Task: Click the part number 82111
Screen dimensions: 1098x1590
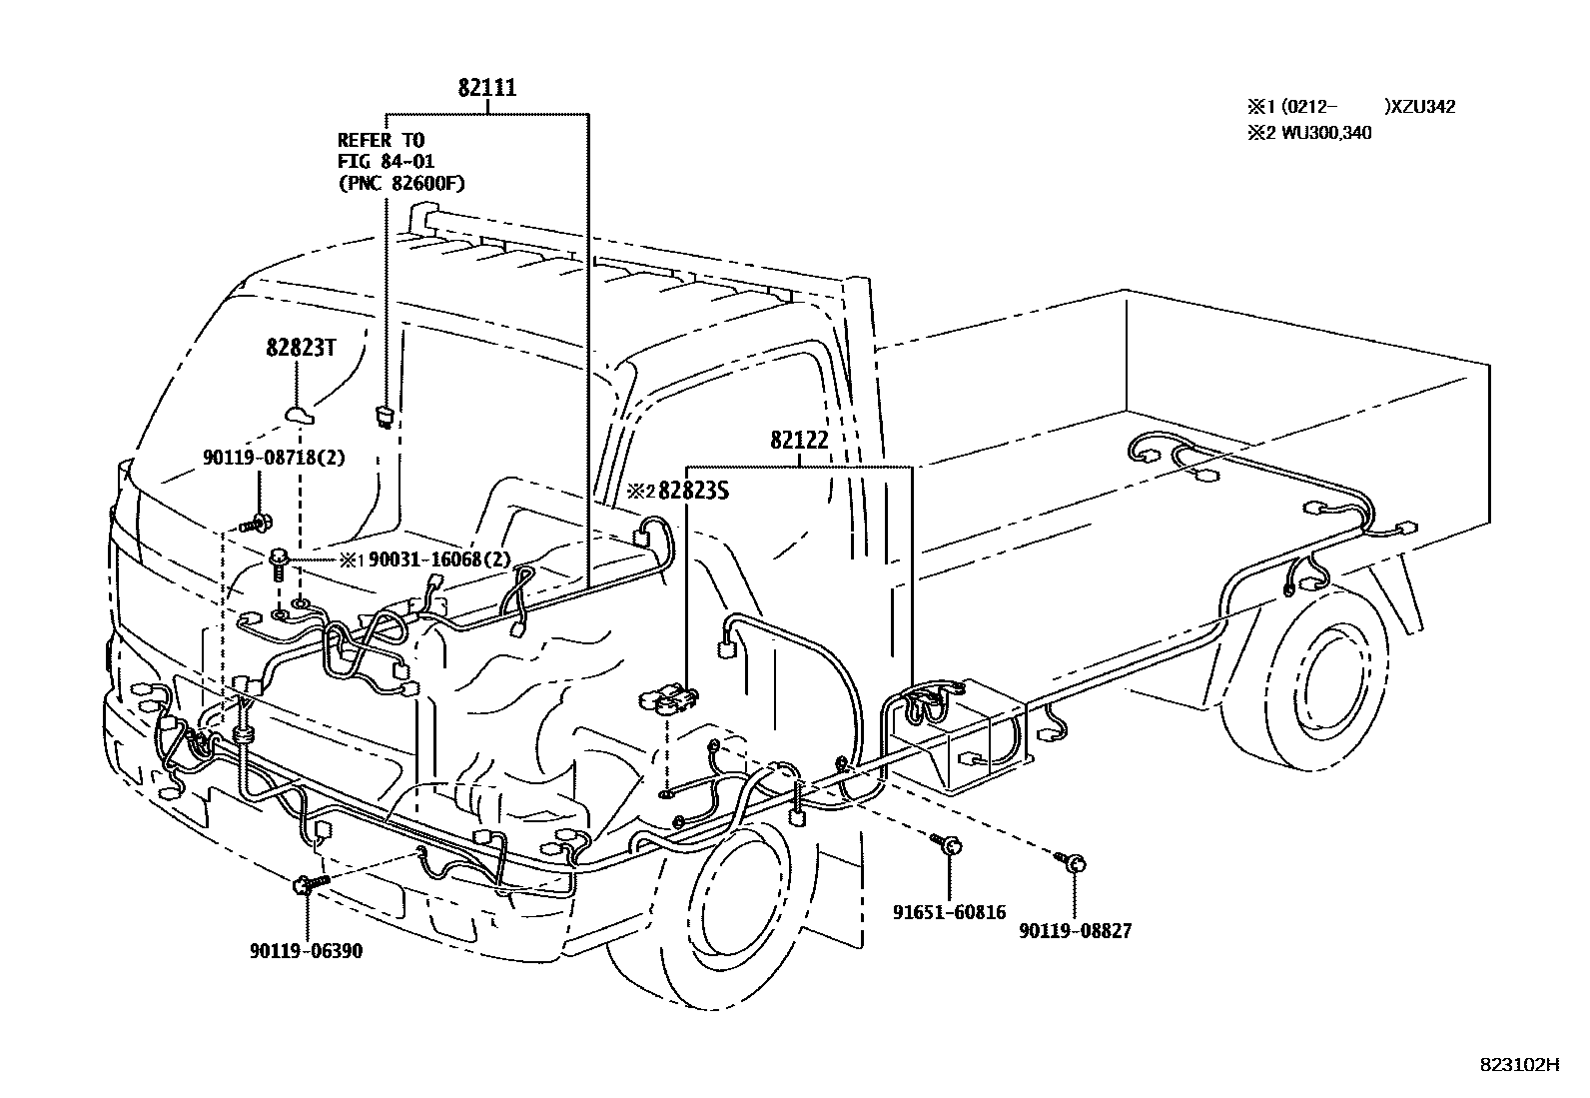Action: (x=487, y=88)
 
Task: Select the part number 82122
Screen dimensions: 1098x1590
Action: (x=799, y=440)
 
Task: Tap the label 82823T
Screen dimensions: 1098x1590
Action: (x=301, y=348)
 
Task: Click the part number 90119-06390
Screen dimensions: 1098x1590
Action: (x=306, y=951)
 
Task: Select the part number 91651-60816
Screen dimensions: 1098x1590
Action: (x=949, y=912)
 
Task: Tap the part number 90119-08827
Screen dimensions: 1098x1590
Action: (x=1076, y=931)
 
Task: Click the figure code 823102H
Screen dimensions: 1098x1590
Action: (x=1519, y=1065)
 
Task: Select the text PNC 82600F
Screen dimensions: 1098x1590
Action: (x=401, y=183)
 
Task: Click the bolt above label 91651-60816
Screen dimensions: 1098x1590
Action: (x=948, y=846)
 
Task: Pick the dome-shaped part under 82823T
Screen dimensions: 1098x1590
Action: (x=300, y=412)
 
